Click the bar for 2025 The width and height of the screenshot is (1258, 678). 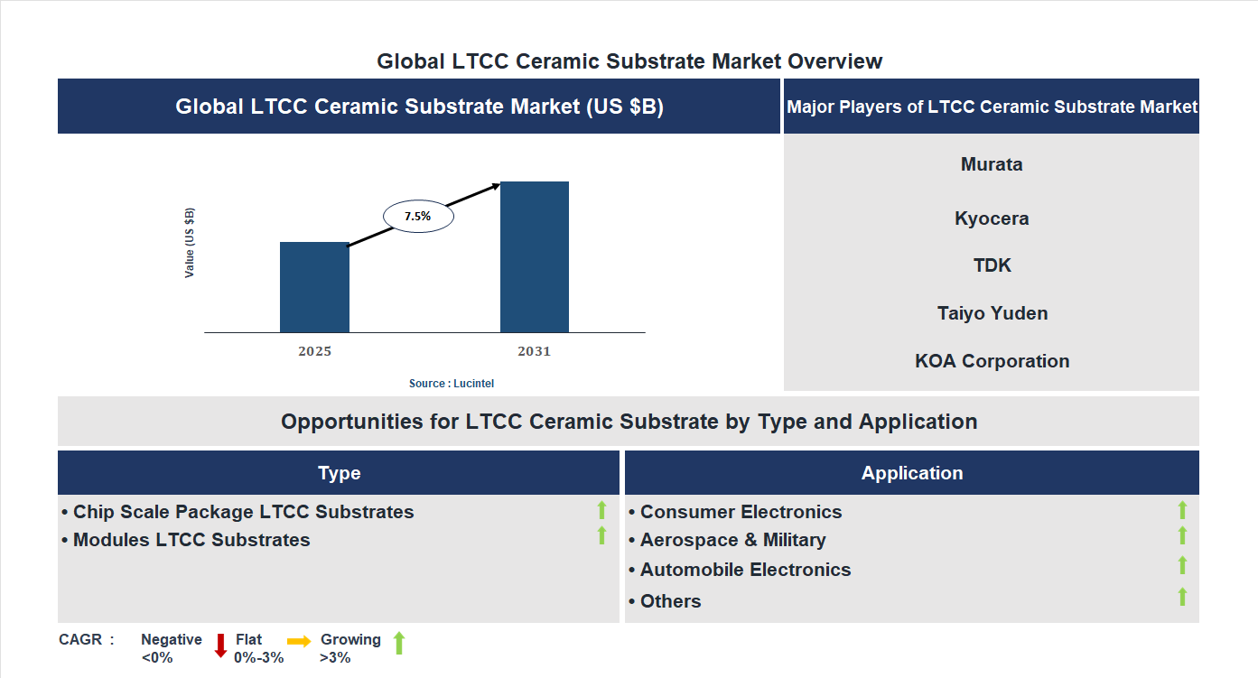[314, 287]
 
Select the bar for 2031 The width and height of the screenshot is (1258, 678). [535, 257]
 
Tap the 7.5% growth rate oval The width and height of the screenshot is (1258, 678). [418, 217]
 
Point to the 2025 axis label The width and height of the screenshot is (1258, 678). [314, 351]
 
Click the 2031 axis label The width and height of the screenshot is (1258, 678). [534, 351]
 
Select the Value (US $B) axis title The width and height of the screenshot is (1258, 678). [190, 243]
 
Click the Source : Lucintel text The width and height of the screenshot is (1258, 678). [452, 384]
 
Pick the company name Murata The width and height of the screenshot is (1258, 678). [992, 164]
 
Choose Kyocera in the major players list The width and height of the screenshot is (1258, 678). [992, 218]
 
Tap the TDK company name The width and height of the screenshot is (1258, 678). [992, 265]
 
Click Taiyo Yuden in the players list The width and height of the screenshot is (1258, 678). [992, 313]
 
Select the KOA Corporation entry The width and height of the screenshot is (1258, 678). [992, 361]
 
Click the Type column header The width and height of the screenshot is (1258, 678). [339, 473]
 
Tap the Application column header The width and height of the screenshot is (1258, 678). [911, 473]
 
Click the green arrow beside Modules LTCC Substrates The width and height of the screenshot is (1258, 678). [601, 536]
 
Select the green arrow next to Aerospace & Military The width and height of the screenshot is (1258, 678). [1182, 536]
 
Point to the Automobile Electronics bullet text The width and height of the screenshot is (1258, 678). [745, 570]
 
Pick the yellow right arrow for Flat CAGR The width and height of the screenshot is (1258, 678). [299, 640]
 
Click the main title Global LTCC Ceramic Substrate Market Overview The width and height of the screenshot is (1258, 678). [629, 61]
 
